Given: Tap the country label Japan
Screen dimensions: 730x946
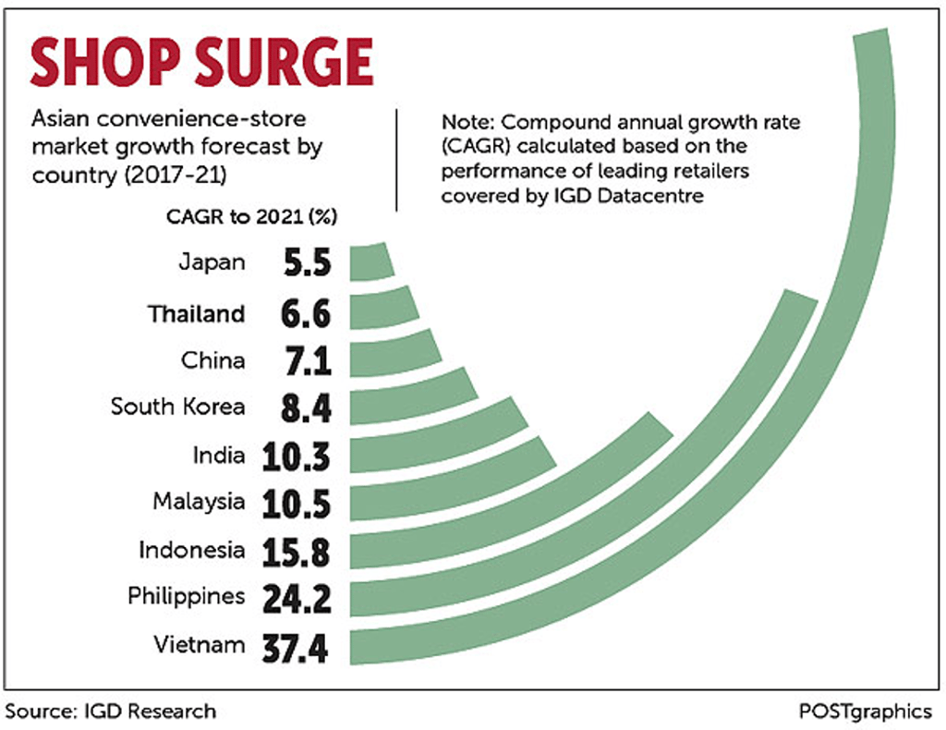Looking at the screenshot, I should (x=212, y=262).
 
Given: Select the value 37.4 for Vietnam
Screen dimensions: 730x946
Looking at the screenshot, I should (x=301, y=648).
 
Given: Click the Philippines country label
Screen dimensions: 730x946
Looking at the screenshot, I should (x=187, y=596).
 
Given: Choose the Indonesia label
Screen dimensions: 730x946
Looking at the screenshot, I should (x=192, y=551).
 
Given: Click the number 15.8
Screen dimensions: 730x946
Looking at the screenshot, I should (x=301, y=552).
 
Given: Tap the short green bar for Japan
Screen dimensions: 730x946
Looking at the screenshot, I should (x=371, y=262).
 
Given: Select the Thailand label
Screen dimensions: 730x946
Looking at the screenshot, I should (x=197, y=314).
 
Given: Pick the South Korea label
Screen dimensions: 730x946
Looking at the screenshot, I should (x=178, y=407).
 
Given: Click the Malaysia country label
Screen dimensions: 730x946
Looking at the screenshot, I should (x=200, y=502).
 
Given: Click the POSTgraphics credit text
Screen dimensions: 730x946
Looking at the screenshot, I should (x=866, y=712).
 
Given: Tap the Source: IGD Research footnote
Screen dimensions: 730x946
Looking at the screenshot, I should (x=112, y=711).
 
